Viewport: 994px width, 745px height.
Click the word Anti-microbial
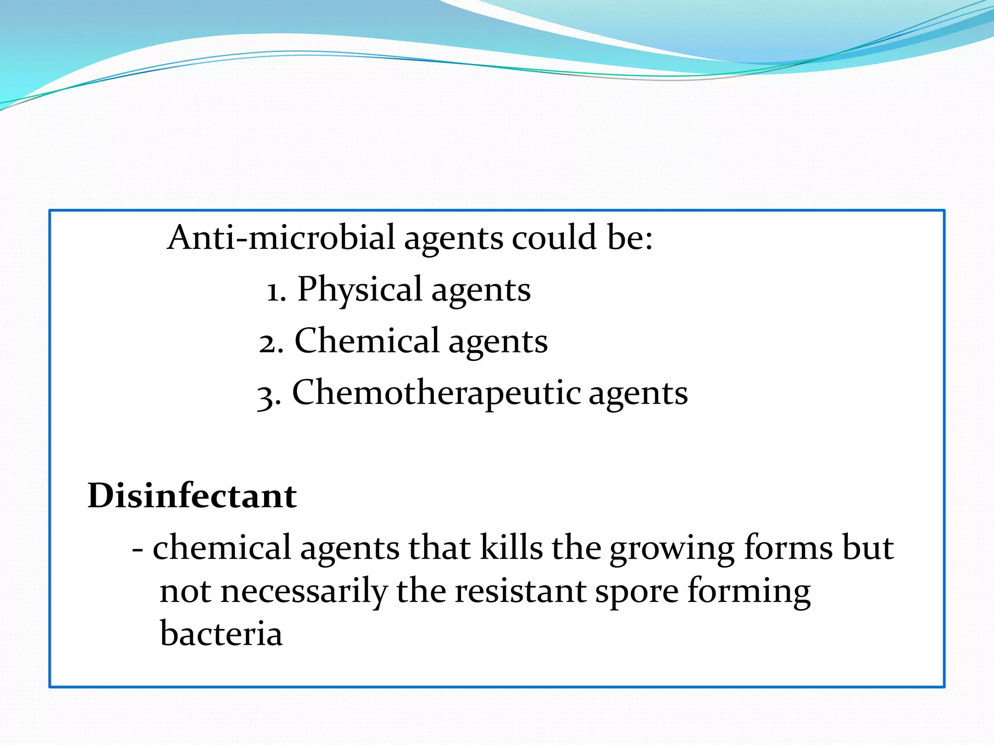(281, 237)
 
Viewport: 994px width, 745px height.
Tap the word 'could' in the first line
(554, 237)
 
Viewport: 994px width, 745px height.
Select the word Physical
(359, 289)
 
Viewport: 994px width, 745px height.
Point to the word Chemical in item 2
(367, 340)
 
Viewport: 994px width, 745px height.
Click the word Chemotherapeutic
(436, 392)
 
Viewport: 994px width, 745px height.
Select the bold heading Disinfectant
(192, 496)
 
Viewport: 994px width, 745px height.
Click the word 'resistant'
(520, 591)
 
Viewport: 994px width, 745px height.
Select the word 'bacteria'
(221, 633)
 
